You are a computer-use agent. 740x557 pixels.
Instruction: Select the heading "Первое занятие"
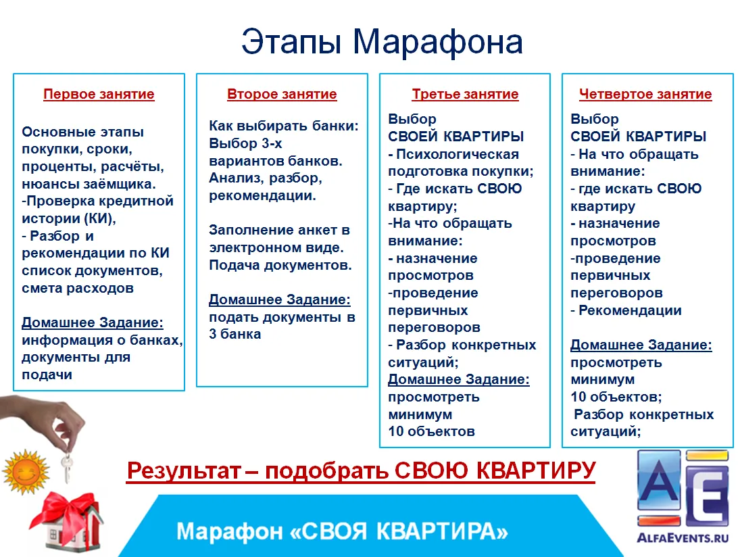tap(99, 94)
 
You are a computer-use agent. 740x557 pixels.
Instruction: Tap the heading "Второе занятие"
tap(282, 94)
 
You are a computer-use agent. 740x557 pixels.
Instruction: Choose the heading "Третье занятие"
tap(465, 94)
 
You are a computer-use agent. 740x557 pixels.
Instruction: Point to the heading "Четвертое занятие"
tap(645, 94)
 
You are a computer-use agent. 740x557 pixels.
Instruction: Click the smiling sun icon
tap(26, 472)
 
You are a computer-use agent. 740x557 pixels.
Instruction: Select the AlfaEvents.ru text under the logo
tap(683, 537)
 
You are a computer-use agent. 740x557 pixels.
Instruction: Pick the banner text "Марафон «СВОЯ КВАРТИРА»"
tap(342, 531)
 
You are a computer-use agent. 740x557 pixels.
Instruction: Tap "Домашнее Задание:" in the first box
tap(93, 323)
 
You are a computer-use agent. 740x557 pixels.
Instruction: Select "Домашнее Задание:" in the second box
tap(280, 299)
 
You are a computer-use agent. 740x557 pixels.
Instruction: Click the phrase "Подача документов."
tap(280, 265)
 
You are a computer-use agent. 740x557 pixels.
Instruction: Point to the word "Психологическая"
tap(458, 154)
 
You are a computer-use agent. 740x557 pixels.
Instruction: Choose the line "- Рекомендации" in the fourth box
tap(626, 310)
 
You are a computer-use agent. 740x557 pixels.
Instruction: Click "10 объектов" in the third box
tap(431, 431)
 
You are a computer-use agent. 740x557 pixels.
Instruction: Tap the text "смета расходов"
tap(78, 288)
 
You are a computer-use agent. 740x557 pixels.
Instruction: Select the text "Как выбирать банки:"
tap(284, 126)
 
